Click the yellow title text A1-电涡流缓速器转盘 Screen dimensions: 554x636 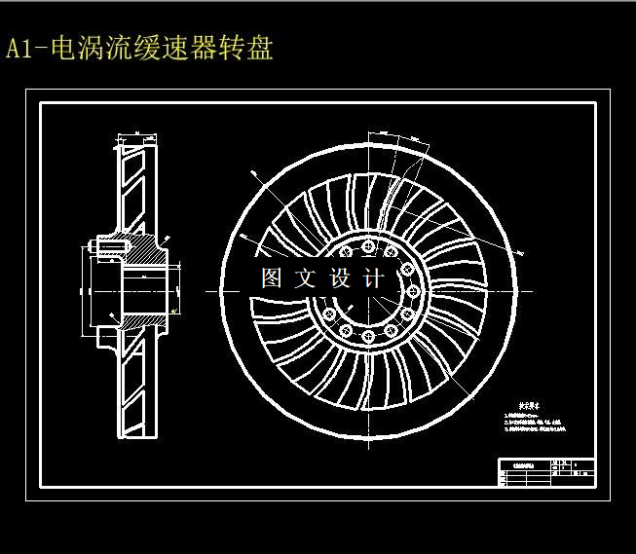139,49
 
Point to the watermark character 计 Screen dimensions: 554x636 374,278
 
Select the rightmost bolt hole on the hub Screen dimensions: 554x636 413,290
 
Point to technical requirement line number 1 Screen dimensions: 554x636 531,416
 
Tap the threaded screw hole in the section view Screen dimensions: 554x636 105,247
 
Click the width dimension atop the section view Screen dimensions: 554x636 137,134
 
